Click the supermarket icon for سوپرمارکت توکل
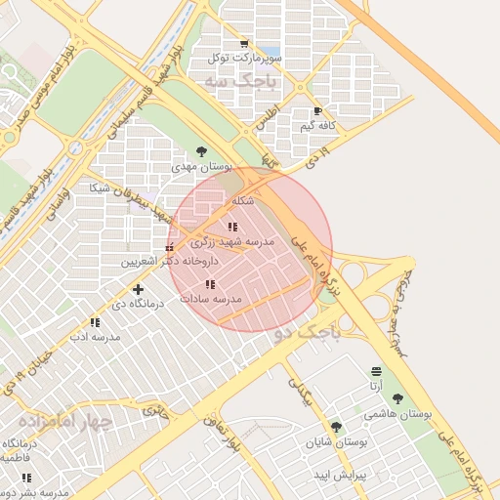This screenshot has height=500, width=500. tap(244, 43)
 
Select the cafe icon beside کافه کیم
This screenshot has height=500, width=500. tap(317, 111)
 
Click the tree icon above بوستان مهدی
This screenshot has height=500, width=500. tap(201, 151)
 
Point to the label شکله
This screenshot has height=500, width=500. tap(243, 201)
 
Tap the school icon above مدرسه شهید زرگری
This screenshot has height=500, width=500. tap(232, 227)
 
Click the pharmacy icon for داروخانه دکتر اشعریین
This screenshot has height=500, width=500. tap(170, 247)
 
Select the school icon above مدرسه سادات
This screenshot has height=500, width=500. tap(210, 284)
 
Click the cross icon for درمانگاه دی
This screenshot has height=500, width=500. tap(138, 289)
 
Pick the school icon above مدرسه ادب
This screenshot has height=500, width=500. tap(95, 322)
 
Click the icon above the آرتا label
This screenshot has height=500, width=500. tap(376, 371)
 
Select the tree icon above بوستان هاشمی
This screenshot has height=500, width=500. tap(397, 398)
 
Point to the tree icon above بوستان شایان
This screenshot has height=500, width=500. tap(336, 427)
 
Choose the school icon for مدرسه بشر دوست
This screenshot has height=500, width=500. tap(26, 478)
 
